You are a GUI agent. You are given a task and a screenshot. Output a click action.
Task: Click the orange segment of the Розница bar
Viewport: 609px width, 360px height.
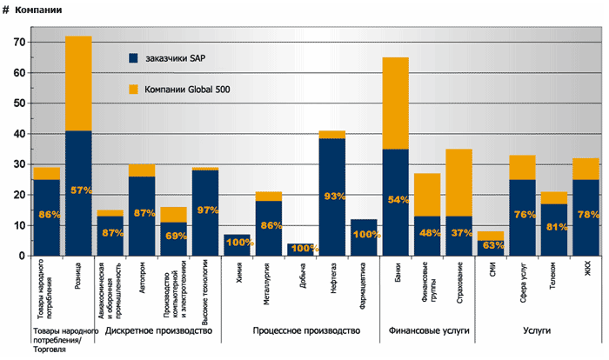(x=78, y=83)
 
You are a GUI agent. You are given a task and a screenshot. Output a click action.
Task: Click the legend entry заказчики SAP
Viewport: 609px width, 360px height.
(x=174, y=58)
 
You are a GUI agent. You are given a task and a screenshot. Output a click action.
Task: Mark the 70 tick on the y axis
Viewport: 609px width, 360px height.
(x=17, y=42)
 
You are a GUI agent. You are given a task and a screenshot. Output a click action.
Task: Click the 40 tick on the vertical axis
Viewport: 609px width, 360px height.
(x=17, y=134)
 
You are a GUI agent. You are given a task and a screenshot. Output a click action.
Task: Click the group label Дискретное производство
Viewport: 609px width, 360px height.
(x=158, y=331)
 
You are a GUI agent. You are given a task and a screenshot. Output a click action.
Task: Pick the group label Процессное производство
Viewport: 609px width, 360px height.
(x=300, y=331)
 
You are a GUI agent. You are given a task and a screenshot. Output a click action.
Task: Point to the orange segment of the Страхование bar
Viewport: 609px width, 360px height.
(x=458, y=183)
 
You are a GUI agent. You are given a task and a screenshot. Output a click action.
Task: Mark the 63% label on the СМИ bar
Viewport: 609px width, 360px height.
(x=491, y=244)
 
